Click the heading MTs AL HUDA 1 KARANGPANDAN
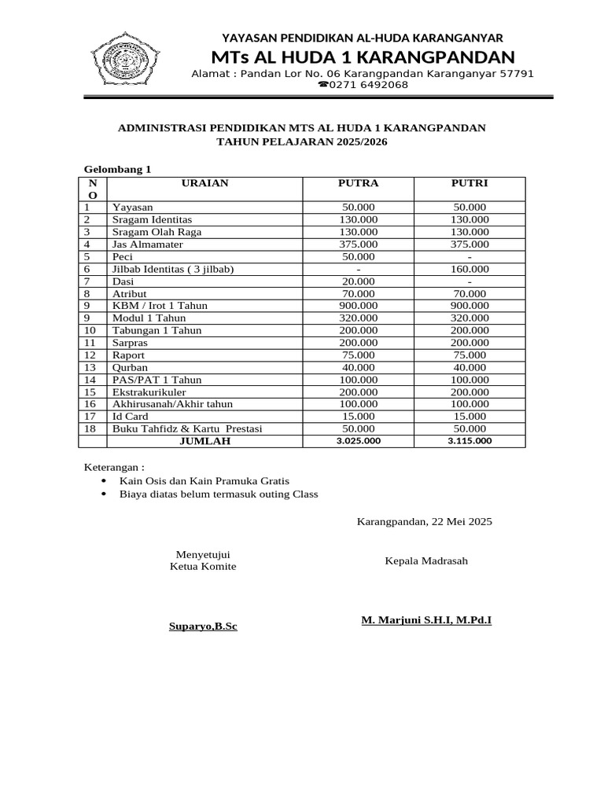pos(363,57)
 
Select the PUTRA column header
pos(358,183)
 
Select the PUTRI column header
pos(470,183)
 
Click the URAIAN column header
pos(204,183)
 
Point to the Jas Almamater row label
pos(148,244)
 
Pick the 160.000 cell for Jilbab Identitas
pos(470,269)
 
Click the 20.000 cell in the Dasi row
pos(358,281)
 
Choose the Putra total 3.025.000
pos(358,441)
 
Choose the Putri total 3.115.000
pos(470,441)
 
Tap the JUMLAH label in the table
pos(204,441)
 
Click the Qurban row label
pos(130,367)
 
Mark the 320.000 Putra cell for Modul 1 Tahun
pos(358,318)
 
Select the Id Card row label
pos(131,416)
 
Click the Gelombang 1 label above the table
pos(117,169)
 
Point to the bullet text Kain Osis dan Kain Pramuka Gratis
pos(204,480)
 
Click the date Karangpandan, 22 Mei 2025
pos(425,521)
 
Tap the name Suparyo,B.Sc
pos(203,627)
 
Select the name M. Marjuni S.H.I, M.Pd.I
pos(426,620)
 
